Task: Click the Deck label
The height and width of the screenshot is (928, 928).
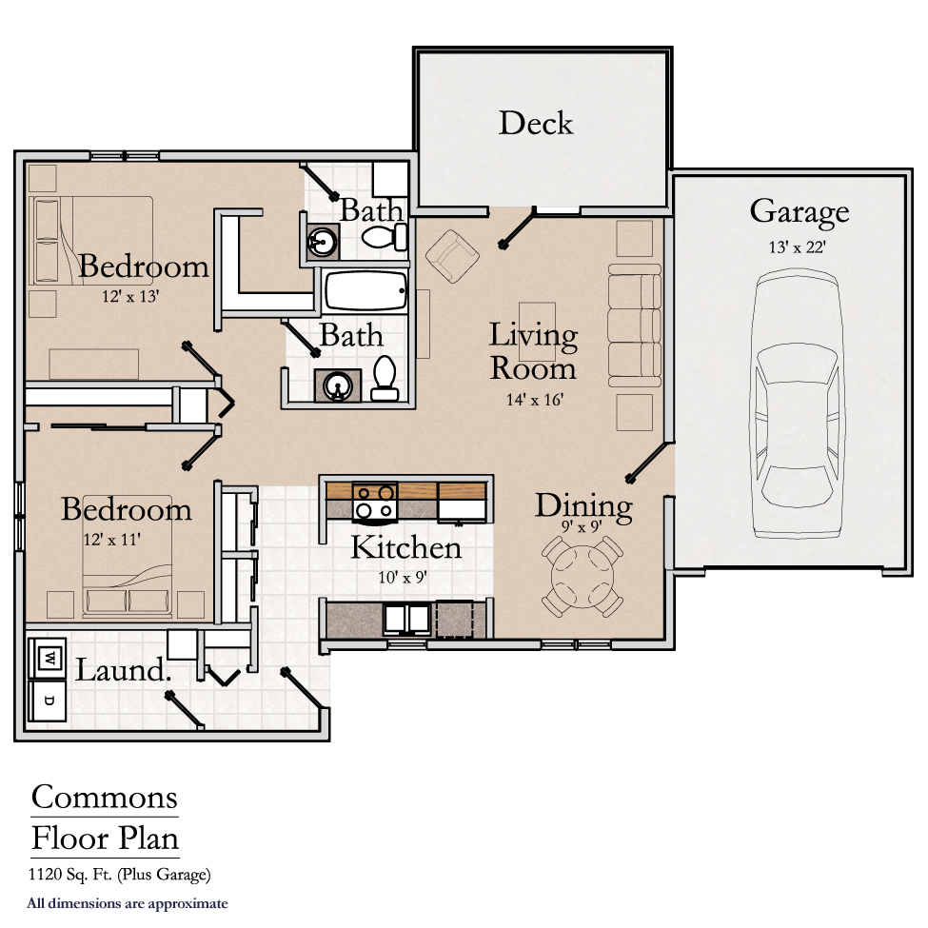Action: click(x=536, y=123)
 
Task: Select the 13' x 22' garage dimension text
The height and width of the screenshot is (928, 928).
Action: click(x=798, y=247)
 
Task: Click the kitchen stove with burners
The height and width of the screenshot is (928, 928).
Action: click(x=374, y=502)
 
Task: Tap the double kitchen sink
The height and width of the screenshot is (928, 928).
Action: click(x=408, y=619)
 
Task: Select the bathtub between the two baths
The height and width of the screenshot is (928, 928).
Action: click(x=365, y=292)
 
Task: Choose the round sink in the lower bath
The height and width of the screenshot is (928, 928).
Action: click(x=338, y=386)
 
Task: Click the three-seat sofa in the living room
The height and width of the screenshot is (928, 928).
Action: click(x=635, y=326)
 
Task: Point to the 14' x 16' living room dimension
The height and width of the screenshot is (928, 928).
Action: click(x=533, y=400)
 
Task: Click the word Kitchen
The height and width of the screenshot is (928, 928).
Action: click(x=406, y=547)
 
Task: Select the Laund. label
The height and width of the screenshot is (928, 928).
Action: click(x=124, y=670)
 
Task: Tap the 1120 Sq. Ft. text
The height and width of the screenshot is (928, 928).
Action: click(x=71, y=873)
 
